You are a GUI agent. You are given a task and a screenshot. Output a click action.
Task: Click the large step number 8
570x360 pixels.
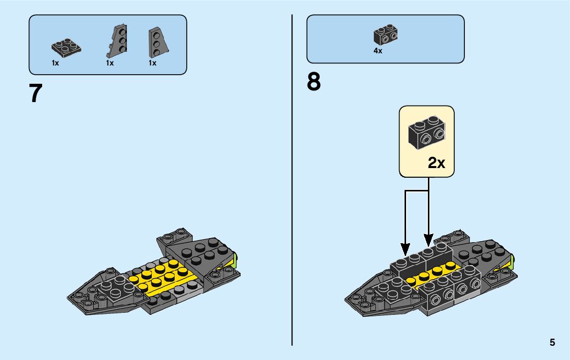pos(314,82)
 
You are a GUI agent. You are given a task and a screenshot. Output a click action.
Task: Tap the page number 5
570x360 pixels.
pos(552,343)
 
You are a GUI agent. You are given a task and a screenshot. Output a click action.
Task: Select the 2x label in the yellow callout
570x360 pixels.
pos(437,163)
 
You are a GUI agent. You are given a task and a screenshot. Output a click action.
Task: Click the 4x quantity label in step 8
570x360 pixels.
pos(378,51)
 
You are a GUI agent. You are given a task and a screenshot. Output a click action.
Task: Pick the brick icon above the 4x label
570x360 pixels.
pos(385,35)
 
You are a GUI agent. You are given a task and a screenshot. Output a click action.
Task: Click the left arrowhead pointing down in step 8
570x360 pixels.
pos(405,249)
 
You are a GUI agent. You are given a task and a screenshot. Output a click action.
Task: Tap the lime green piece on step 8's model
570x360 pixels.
pos(513,262)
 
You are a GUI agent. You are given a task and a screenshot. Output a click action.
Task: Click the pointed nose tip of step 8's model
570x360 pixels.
pos(347,299)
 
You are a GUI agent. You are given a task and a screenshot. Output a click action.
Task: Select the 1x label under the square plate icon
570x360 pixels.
pos(55,63)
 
